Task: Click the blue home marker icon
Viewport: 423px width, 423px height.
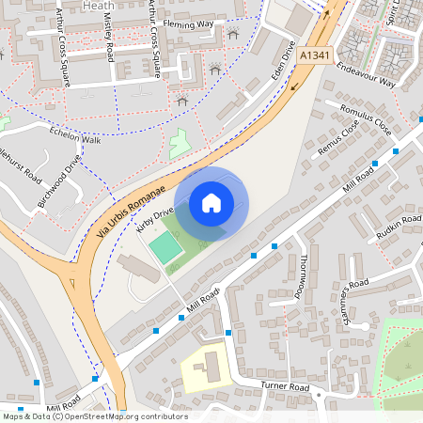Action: [x=211, y=203]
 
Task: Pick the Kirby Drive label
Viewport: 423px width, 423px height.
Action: [x=156, y=219]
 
